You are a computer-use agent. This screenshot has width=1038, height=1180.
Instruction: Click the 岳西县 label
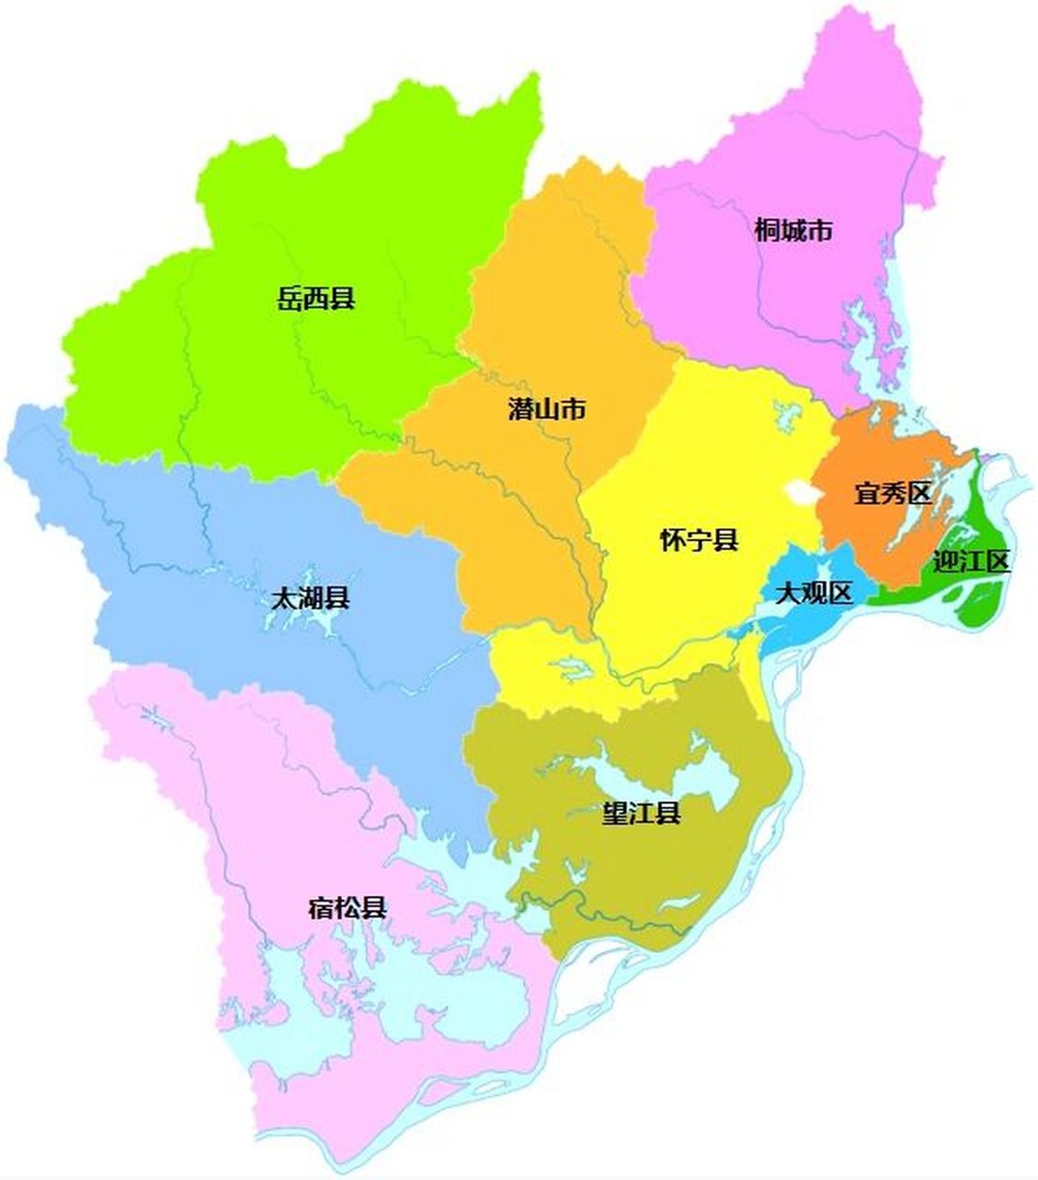tap(316, 299)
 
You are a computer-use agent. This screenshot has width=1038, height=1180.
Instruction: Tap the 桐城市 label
tap(793, 230)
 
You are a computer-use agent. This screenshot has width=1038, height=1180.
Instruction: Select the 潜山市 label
tap(547, 409)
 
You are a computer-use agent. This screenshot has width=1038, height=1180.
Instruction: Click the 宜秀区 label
tap(892, 493)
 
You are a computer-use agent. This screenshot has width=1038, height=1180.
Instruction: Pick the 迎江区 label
tap(972, 560)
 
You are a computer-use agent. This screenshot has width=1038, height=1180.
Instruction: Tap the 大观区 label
tap(813, 594)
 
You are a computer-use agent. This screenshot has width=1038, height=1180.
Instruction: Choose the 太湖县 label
tap(310, 598)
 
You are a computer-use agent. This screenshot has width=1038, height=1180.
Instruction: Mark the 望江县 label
tap(642, 813)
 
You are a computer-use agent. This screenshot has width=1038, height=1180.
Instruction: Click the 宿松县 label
tap(348, 907)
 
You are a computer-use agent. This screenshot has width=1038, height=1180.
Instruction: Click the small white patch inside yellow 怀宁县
tap(799, 491)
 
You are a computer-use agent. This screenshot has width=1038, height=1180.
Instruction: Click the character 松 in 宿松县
tap(348, 907)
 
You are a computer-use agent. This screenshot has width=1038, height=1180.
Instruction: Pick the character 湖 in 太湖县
tap(310, 598)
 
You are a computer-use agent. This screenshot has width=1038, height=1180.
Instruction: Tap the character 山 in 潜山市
tap(547, 409)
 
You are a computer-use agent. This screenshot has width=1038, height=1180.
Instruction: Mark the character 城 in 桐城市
tap(793, 230)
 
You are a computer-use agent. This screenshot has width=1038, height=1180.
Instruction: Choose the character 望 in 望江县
tap(615, 813)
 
